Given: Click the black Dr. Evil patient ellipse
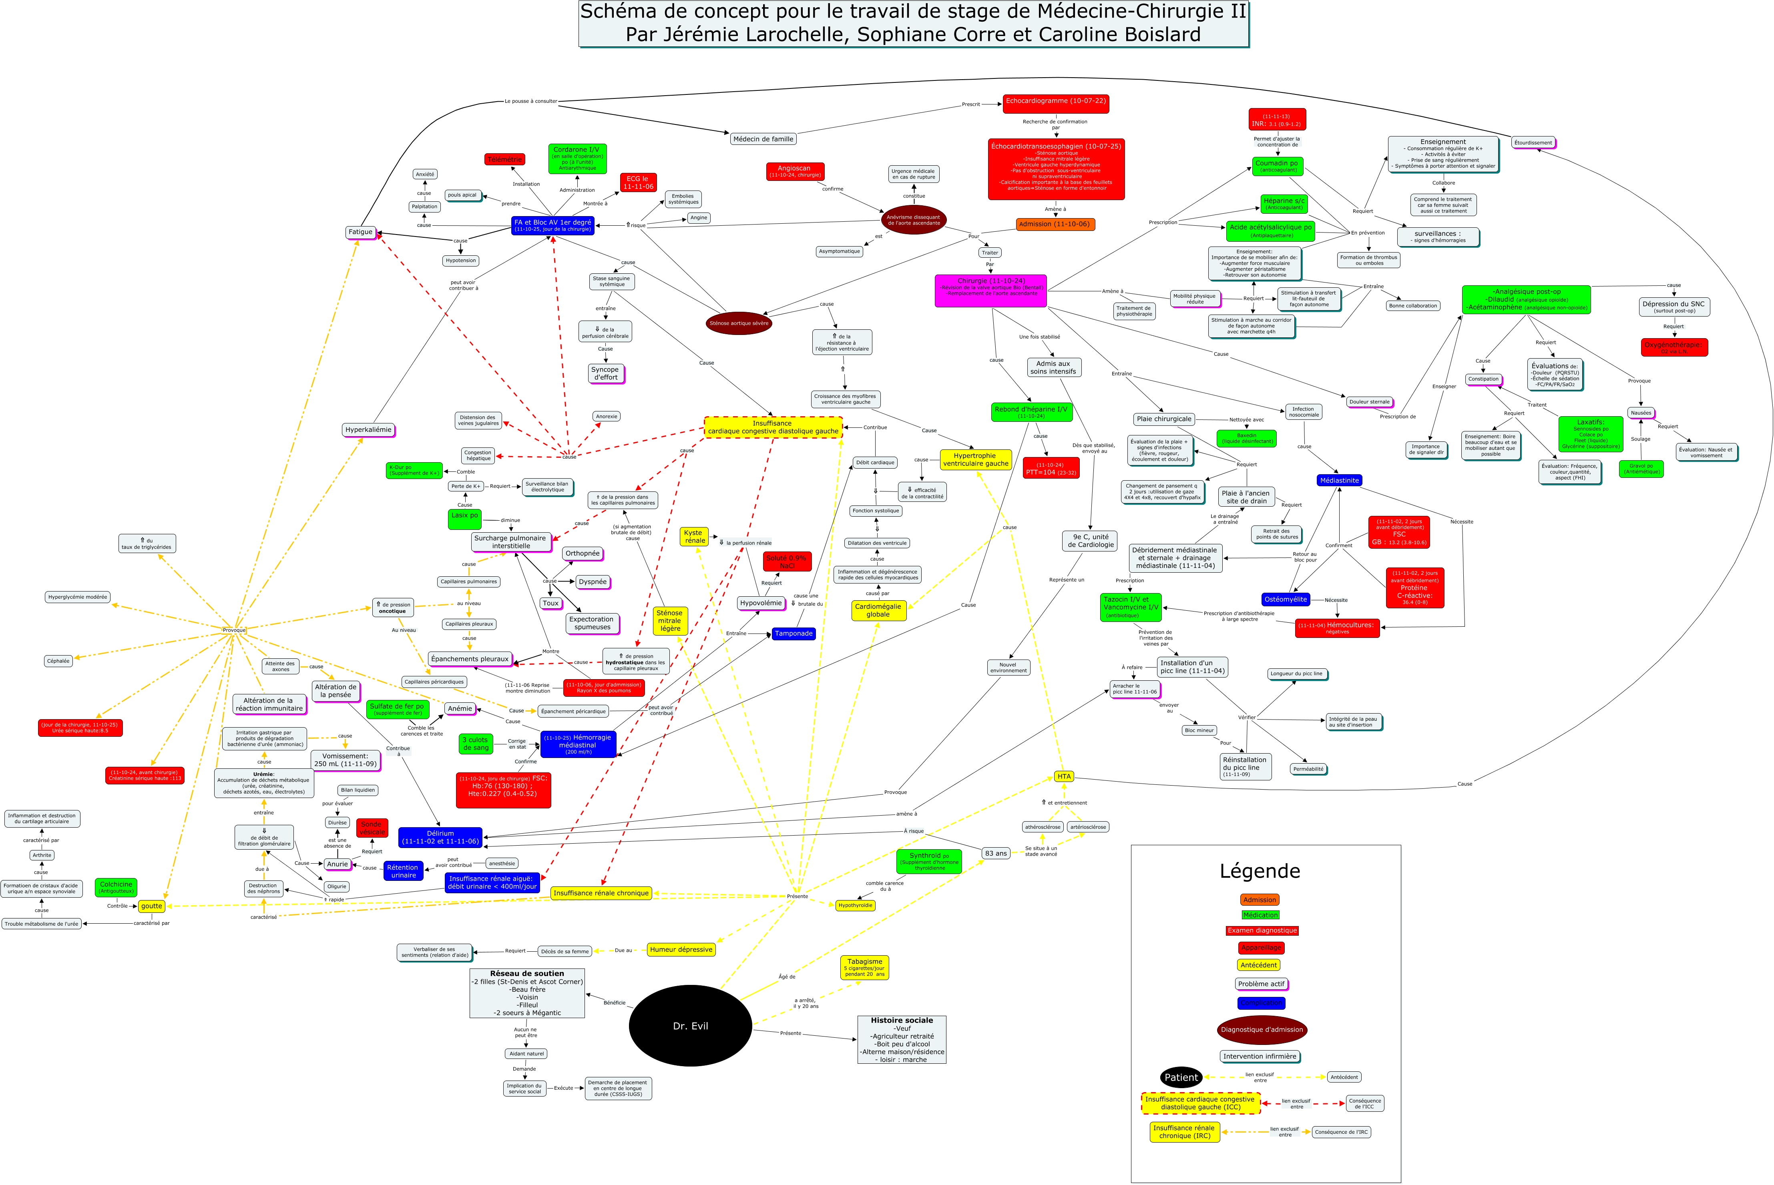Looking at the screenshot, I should tap(690, 1026).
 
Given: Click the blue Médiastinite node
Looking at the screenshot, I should tap(1339, 481).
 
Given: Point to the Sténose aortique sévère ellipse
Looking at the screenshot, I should tap(739, 323).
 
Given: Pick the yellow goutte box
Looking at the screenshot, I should tap(151, 906).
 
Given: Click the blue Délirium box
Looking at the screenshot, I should tap(440, 837).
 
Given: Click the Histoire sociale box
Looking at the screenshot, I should tap(902, 1040).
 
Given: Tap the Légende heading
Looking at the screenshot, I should tap(1259, 871).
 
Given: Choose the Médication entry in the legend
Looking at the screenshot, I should tap(1260, 915).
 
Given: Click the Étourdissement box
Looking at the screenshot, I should tap(1533, 143).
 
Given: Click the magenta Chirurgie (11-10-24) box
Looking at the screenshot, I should tap(990, 290).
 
